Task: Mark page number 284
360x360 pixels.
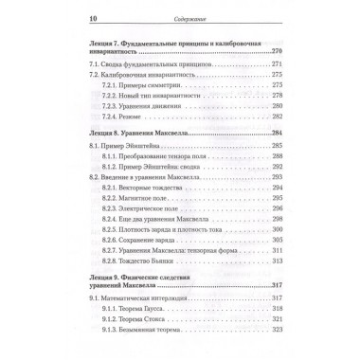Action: click(304, 134)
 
